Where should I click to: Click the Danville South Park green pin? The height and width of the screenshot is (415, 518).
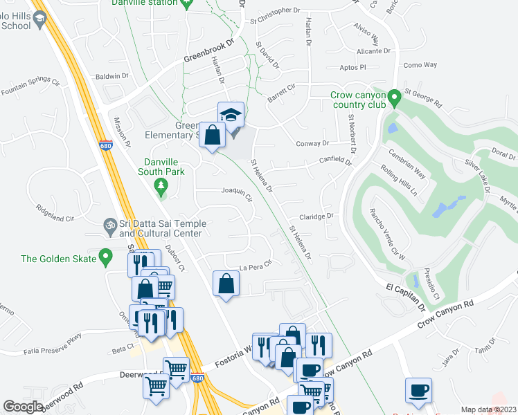161,185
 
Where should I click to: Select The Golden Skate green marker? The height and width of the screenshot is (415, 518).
106,257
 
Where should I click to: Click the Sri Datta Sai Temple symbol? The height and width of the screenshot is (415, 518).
108,225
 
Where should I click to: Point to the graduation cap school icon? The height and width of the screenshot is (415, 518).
231,115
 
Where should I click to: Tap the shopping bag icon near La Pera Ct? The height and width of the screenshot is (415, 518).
226,284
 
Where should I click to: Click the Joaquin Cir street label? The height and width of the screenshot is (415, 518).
236,192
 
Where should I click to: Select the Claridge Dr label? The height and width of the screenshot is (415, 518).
316,216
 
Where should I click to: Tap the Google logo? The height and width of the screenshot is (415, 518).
23,407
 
